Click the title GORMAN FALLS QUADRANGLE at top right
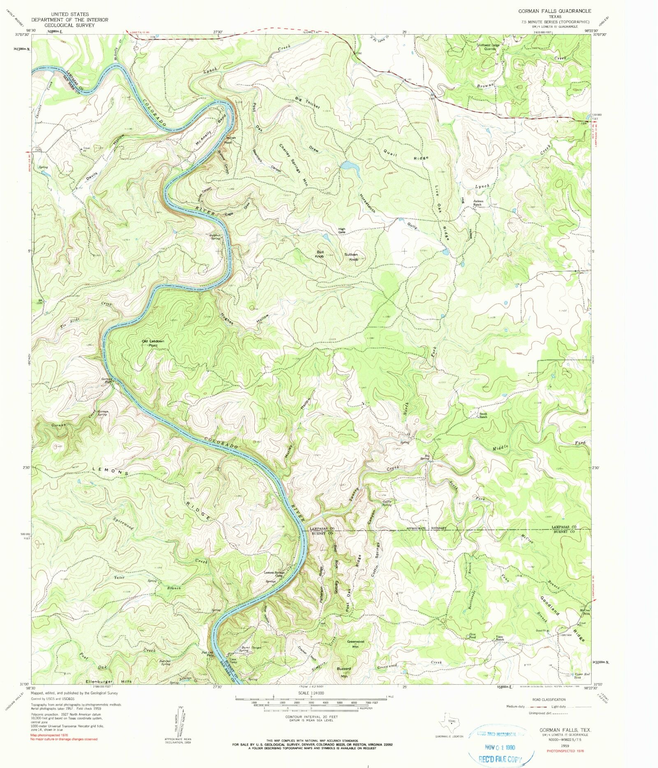(x=554, y=11)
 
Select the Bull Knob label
(x=320, y=254)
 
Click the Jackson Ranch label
(x=477, y=203)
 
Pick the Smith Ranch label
(x=483, y=415)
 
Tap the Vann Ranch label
(x=499, y=638)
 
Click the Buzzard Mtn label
(x=345, y=672)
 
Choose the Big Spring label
(x=427, y=457)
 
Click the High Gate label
(x=342, y=230)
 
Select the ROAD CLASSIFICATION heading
(x=549, y=699)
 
